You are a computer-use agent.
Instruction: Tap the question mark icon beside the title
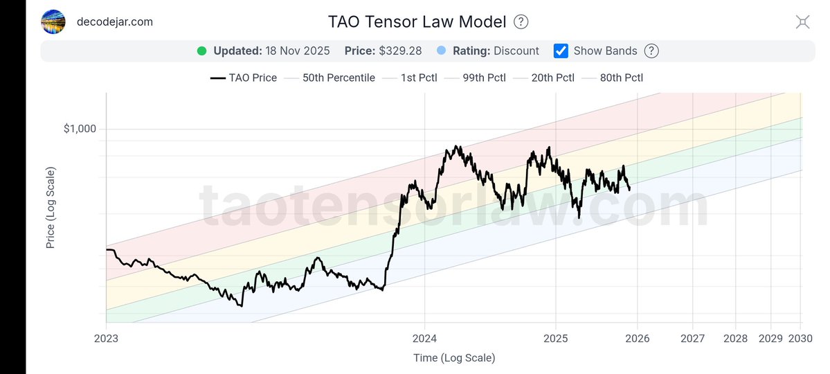(x=521, y=21)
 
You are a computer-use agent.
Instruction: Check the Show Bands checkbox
(x=561, y=51)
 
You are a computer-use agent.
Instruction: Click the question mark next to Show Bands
(x=651, y=51)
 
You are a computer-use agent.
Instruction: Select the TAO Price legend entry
(x=244, y=78)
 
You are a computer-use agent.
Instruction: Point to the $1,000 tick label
(x=80, y=129)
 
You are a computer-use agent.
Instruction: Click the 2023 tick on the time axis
(x=107, y=338)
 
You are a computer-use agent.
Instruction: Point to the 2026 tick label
(x=638, y=338)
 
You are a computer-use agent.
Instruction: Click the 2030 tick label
(x=800, y=338)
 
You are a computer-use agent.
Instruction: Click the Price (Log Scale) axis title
(x=51, y=208)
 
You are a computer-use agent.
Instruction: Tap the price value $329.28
(x=399, y=51)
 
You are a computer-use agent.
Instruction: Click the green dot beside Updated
(x=202, y=51)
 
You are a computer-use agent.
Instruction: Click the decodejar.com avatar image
(x=54, y=21)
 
